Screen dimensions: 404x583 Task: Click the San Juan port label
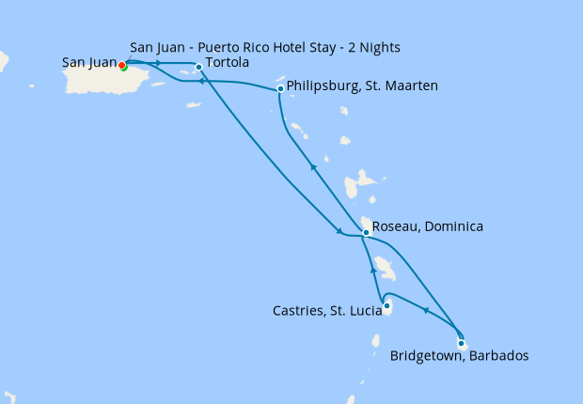point(89,63)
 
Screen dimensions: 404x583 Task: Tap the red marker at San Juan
point(121,65)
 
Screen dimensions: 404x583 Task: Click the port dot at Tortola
point(198,67)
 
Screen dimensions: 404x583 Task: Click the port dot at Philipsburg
point(280,89)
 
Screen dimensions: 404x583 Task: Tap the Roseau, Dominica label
point(428,226)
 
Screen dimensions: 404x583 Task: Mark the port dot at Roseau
point(366,231)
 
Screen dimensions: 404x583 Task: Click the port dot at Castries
point(387,304)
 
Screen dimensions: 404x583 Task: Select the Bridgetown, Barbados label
point(459,356)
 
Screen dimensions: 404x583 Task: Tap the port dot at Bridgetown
point(460,343)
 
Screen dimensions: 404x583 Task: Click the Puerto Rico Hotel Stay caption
point(272,47)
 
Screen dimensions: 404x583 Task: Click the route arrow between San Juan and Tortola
point(158,63)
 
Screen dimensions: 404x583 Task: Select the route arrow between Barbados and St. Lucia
point(425,310)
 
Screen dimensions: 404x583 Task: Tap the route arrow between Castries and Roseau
point(373,271)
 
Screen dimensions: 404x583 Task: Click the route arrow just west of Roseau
point(339,233)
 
